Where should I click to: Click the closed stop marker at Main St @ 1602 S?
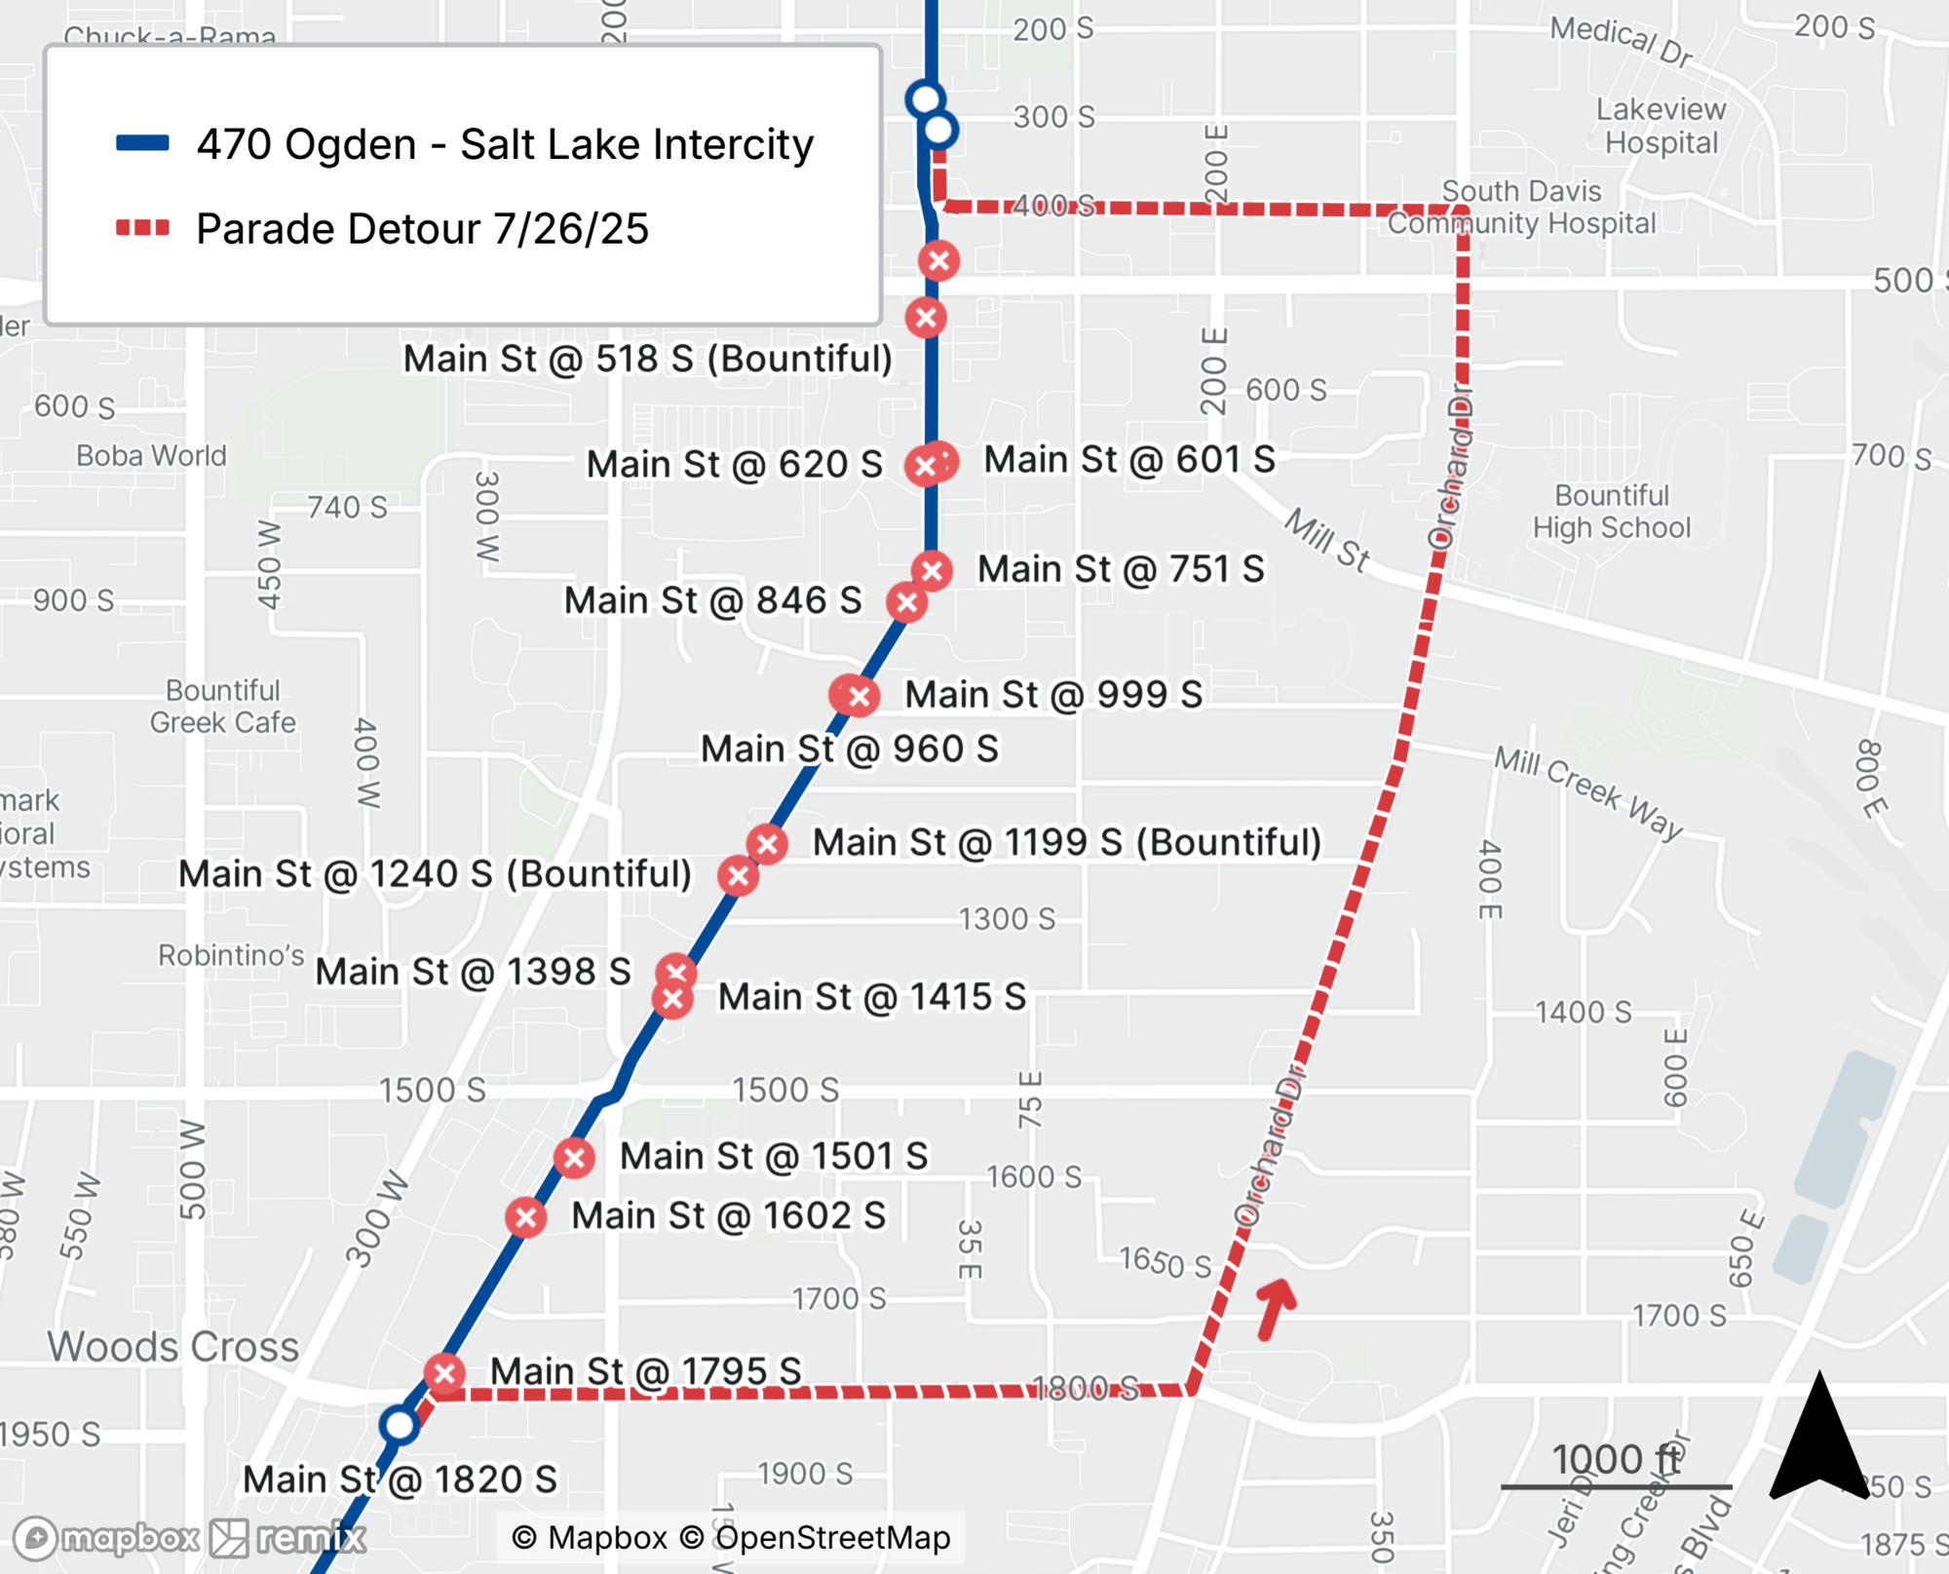click(526, 1217)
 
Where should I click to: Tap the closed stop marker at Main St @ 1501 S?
click(574, 1158)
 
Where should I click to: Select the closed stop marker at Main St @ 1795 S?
click(444, 1374)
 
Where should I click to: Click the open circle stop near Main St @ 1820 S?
click(400, 1425)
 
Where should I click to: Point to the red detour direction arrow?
click(1275, 1308)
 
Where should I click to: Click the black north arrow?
click(1818, 1438)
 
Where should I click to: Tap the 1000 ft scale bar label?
click(1616, 1460)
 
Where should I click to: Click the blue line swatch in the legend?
click(142, 143)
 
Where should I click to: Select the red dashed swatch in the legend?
click(142, 228)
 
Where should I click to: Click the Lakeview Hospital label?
click(1661, 126)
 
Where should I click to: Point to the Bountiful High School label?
click(1611, 512)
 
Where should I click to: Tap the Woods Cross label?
click(173, 1347)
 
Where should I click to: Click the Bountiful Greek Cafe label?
click(222, 707)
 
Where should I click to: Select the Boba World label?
click(151, 455)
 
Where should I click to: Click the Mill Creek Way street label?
click(1588, 791)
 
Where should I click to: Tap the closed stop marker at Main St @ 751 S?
click(933, 570)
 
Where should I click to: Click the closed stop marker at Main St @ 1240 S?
click(739, 875)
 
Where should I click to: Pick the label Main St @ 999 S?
click(1052, 695)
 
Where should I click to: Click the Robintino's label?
click(232, 955)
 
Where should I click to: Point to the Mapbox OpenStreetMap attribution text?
click(731, 1537)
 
